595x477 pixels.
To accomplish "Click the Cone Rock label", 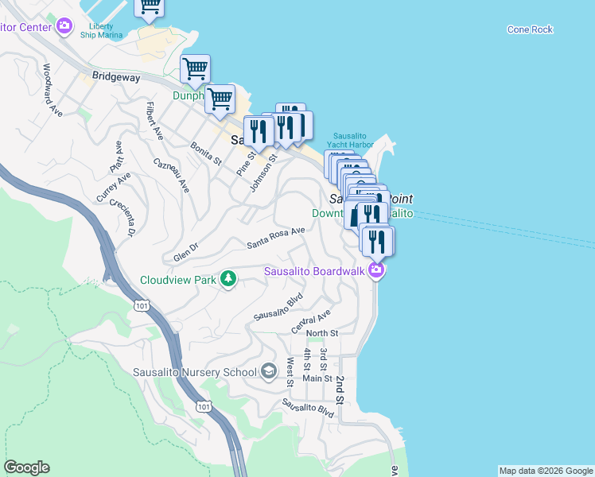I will tap(530, 29).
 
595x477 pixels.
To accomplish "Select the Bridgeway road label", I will tap(116, 77).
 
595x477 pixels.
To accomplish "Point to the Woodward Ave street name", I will tap(53, 91).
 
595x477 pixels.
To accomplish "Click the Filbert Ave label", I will tap(154, 121).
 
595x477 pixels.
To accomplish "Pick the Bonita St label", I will tap(206, 153).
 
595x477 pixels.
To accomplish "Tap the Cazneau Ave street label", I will tap(172, 175).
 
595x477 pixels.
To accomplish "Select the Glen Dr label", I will tap(185, 255).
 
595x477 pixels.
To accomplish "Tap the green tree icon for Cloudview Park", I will tap(229, 278).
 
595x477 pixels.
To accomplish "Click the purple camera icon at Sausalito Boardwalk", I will tap(376, 271).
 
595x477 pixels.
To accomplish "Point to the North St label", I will tap(322, 332).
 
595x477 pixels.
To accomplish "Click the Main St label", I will tap(317, 378).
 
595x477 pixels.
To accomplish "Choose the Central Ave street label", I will tap(310, 321).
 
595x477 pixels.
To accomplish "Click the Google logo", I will tap(26, 467).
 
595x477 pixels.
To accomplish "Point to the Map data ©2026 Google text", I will tap(546, 471).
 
